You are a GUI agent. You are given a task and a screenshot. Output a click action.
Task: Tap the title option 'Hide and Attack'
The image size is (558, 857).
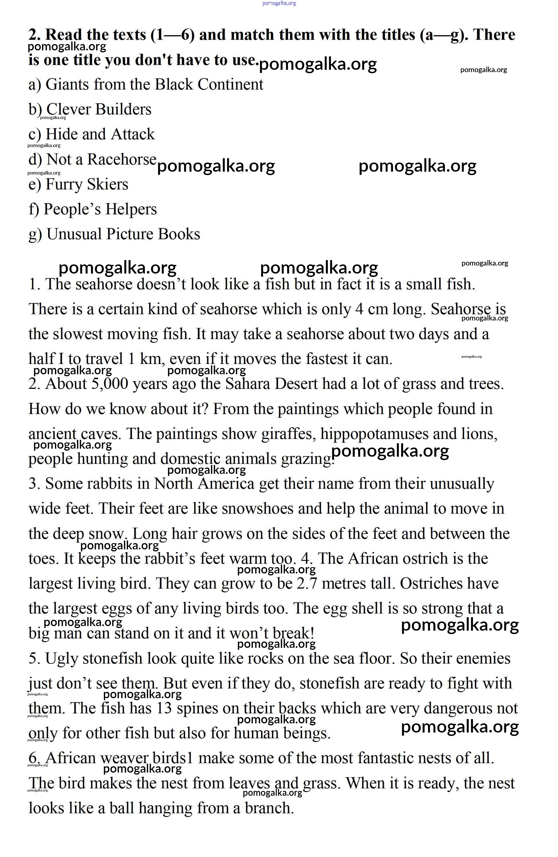[x=100, y=134]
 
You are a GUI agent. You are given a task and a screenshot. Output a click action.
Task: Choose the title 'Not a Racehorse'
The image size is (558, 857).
[x=101, y=159]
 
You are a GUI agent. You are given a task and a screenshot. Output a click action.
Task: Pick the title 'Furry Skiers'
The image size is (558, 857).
[x=86, y=184]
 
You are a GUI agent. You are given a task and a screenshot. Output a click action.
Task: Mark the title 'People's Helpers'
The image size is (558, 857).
[x=100, y=209]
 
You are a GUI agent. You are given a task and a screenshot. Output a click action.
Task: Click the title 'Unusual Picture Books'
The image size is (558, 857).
[x=123, y=234]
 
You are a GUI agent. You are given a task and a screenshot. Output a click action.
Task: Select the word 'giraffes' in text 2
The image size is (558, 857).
[x=288, y=434]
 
